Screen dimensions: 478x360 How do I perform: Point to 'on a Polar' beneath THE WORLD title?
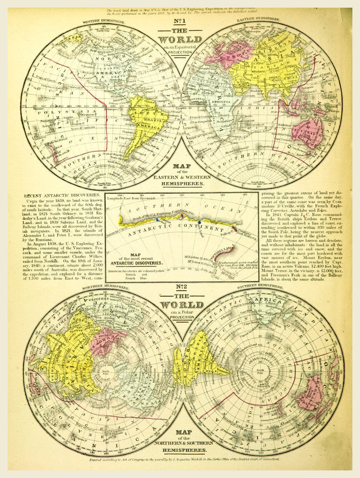point(180,312)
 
